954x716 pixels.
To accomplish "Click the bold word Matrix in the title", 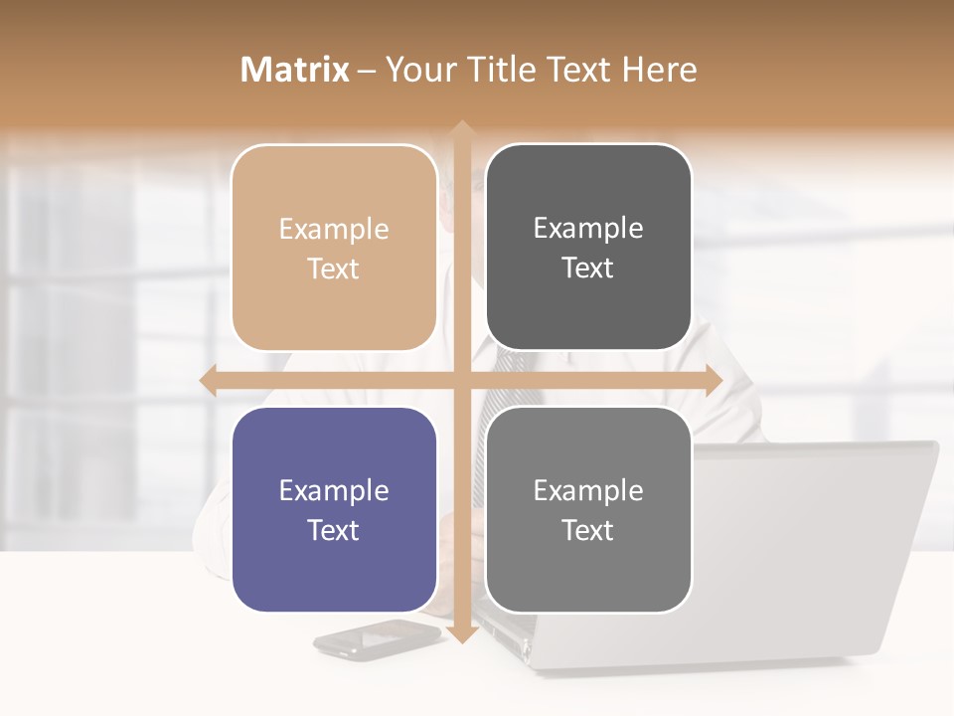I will point(295,70).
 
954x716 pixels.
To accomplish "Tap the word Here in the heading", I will point(659,70).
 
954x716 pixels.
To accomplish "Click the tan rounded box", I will point(334,248).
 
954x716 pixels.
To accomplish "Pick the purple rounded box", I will point(334,509).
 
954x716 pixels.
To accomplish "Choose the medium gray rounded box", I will point(588,509).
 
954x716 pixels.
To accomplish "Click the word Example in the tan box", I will point(334,230).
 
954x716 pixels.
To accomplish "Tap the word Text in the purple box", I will point(334,530).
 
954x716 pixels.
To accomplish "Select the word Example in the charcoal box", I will point(588,229).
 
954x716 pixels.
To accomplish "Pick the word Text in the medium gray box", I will point(588,530).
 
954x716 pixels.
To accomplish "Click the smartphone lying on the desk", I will point(376,637).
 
